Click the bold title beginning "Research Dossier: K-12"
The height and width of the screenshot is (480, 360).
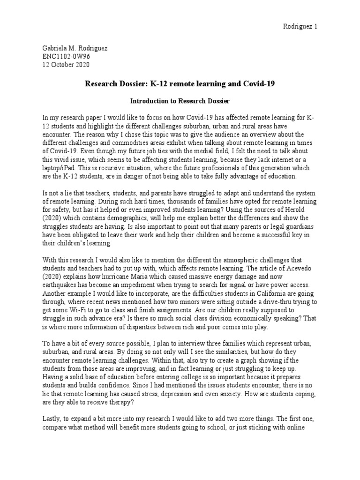point(180,84)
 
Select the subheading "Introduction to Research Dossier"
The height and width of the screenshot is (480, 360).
point(180,100)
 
